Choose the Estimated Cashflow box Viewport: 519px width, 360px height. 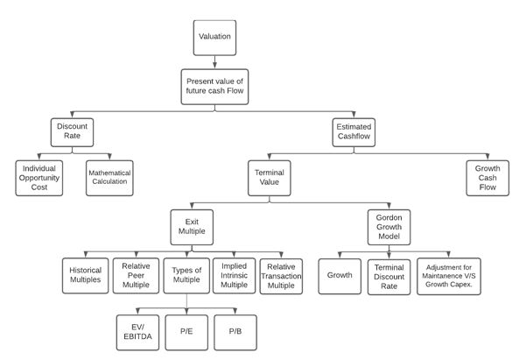[x=354, y=132]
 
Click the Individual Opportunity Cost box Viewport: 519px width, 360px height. [x=39, y=175]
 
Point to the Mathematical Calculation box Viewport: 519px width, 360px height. [x=109, y=175]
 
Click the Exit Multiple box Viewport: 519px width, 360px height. [x=193, y=226]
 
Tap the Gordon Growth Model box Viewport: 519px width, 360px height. [x=388, y=226]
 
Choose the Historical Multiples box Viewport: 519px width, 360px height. [x=85, y=274]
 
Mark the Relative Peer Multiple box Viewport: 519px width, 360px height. [x=136, y=274]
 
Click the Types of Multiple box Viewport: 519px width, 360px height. [x=186, y=274]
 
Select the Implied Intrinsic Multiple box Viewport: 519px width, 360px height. [x=233, y=274]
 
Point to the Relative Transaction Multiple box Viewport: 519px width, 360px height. [x=281, y=274]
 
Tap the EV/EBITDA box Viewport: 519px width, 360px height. [x=139, y=331]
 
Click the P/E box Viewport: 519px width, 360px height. [x=187, y=331]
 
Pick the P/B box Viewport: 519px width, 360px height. [x=235, y=331]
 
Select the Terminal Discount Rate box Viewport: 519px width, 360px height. [x=388, y=274]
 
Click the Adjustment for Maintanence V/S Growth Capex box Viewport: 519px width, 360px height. [x=449, y=274]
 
